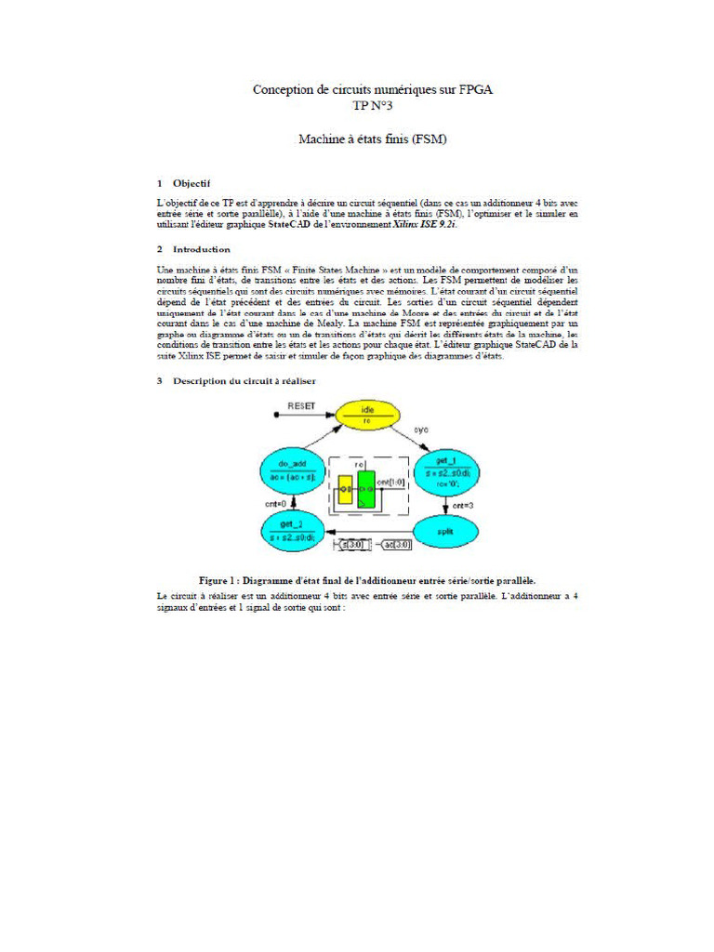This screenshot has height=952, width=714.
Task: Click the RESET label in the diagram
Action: click(301, 406)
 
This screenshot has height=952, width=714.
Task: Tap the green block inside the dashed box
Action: click(366, 489)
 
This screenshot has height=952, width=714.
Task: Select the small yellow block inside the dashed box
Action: click(345, 488)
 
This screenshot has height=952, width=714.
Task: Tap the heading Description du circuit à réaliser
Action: click(244, 381)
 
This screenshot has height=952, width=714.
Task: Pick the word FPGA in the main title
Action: click(473, 89)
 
